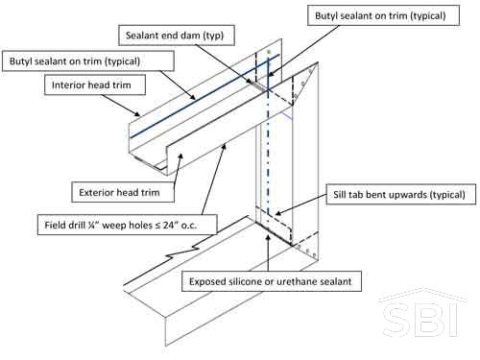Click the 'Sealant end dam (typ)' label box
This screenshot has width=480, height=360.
177,36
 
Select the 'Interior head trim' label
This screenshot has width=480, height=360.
95,84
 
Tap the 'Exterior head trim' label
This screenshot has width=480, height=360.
123,192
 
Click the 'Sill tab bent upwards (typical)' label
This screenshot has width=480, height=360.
400,194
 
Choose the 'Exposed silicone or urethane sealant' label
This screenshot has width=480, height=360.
272,281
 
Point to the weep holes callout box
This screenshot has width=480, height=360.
127,225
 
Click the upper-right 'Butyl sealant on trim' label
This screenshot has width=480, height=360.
383,15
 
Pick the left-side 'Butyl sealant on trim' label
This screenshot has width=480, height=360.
88,60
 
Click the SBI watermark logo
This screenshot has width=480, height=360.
422,314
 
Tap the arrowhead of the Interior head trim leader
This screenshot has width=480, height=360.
137,113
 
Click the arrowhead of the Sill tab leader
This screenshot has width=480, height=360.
277,213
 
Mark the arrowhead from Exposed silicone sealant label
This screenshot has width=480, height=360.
268,236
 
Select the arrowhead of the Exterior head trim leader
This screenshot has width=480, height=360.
181,156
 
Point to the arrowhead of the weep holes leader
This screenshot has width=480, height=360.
225,146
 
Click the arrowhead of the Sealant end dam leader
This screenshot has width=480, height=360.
251,83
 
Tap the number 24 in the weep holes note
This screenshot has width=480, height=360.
168,225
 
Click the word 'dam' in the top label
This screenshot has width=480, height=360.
192,36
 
